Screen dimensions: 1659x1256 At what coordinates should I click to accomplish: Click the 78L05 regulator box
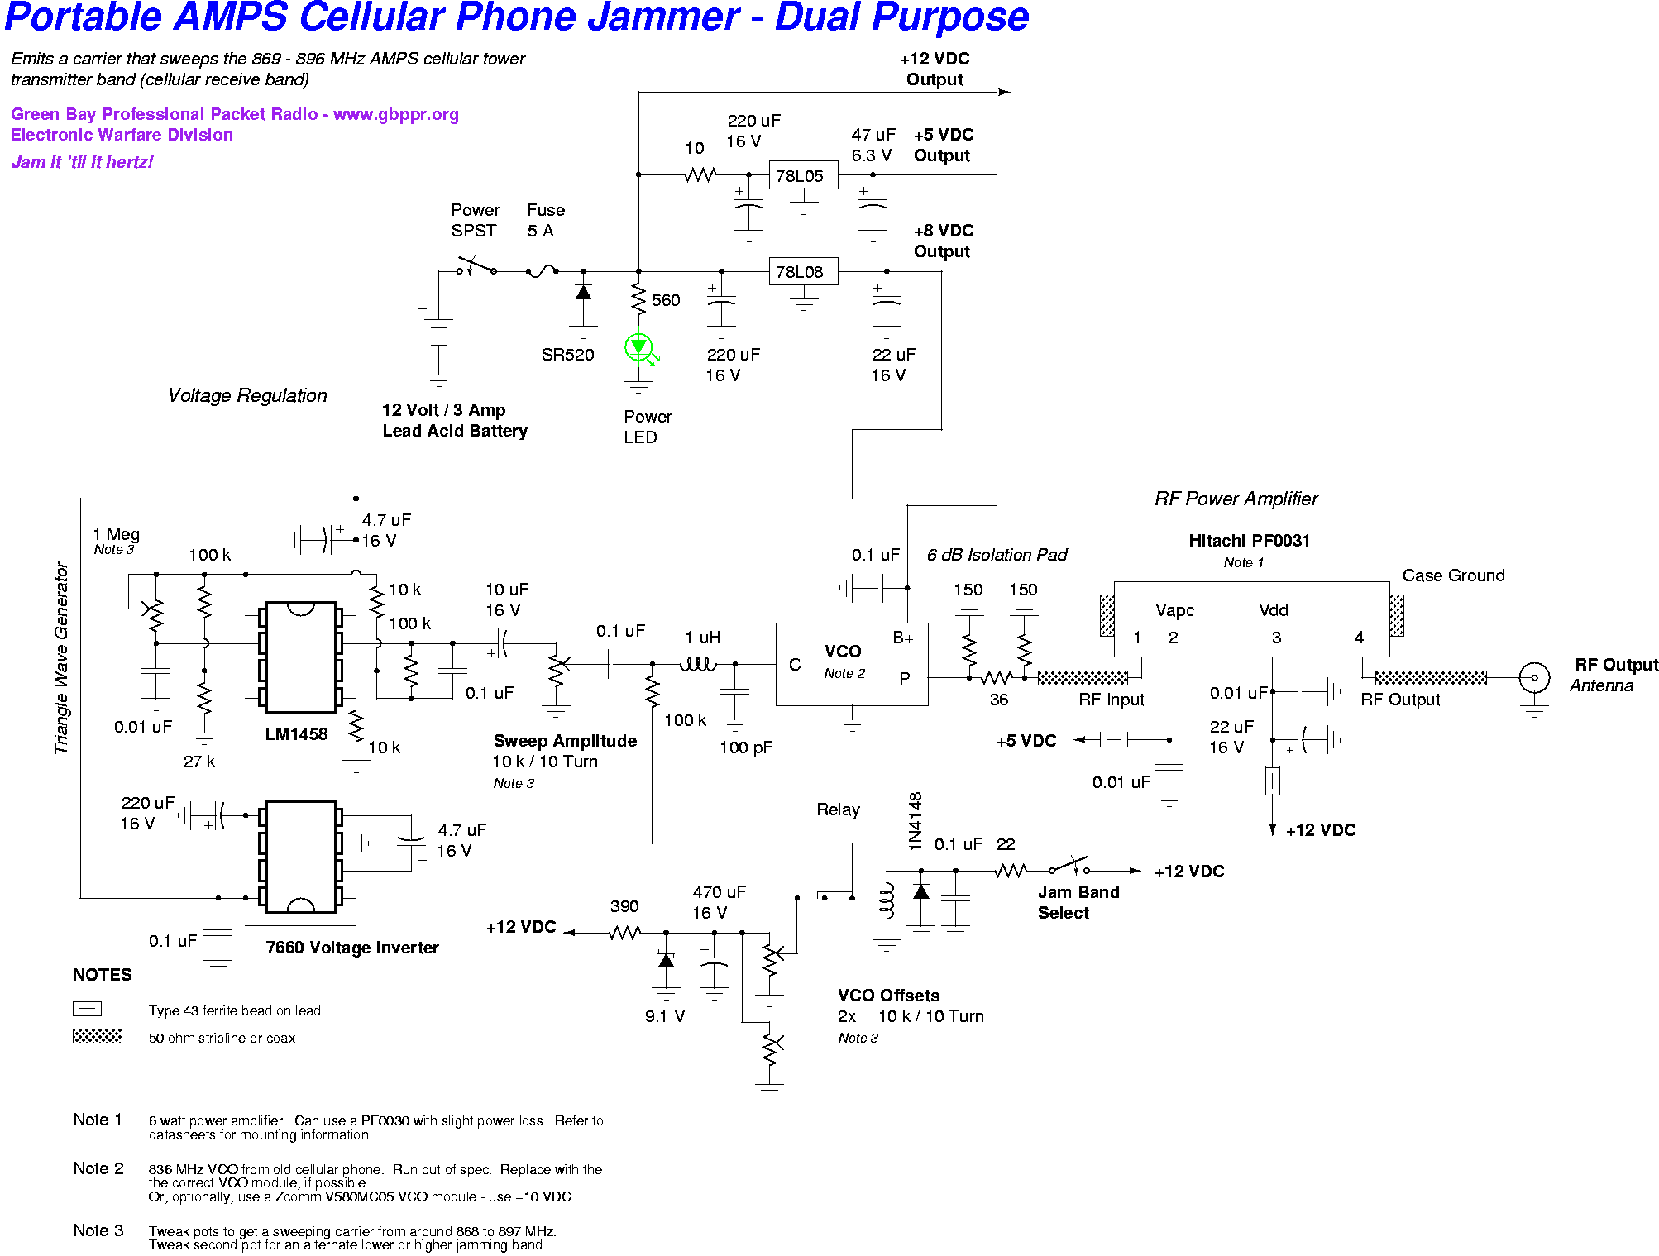coord(803,175)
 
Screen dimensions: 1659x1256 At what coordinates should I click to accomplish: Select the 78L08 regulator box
coord(803,271)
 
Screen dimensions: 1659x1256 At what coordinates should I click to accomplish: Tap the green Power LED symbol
coord(639,348)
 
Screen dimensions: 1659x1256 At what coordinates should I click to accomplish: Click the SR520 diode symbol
coord(583,293)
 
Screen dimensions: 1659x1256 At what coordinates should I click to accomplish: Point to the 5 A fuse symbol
coord(542,270)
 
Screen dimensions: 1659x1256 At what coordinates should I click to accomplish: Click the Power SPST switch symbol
coord(476,267)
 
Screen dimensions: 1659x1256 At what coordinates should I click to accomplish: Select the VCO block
coord(852,664)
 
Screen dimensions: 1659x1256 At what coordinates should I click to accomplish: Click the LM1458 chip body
coord(300,657)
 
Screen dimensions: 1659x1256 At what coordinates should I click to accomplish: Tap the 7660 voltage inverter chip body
coord(300,857)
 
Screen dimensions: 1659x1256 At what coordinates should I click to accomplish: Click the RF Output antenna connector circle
coord(1534,678)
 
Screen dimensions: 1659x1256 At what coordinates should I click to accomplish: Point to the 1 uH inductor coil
coord(698,662)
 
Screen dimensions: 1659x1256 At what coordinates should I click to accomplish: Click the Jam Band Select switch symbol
coord(1069,867)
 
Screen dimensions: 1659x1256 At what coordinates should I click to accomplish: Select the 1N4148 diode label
coord(915,821)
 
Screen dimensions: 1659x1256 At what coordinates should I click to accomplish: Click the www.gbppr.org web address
coord(395,114)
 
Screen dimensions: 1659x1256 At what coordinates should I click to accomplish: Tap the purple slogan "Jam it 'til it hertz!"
coord(82,162)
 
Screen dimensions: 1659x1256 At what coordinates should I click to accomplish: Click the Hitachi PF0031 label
coord(1249,541)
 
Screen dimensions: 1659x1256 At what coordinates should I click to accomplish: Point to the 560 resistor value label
coord(666,300)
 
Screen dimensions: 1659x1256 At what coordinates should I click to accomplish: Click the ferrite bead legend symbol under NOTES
coord(87,1009)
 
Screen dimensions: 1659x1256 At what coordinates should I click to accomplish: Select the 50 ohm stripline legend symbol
coord(98,1036)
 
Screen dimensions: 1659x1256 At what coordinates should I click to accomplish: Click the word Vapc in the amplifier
coord(1175,611)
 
